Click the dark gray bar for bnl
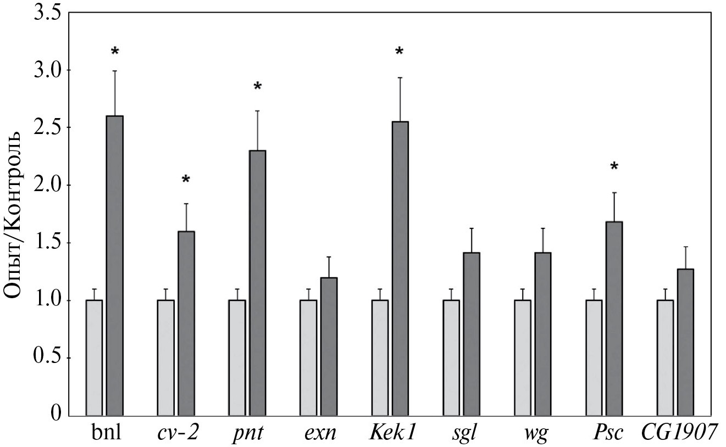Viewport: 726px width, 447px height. pos(115,266)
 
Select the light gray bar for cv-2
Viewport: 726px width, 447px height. pos(165,358)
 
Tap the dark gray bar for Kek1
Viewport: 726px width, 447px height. pos(400,269)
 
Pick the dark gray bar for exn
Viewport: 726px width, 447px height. pos(329,347)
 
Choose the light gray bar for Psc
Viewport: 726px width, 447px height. pos(594,358)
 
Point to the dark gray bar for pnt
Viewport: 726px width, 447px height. pos(257,283)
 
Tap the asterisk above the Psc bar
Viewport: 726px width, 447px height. pos(614,166)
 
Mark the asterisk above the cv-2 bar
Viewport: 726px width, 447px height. pos(186,180)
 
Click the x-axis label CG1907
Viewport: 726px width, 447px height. pos(679,432)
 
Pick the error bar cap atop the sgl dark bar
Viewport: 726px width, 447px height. pos(472,228)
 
